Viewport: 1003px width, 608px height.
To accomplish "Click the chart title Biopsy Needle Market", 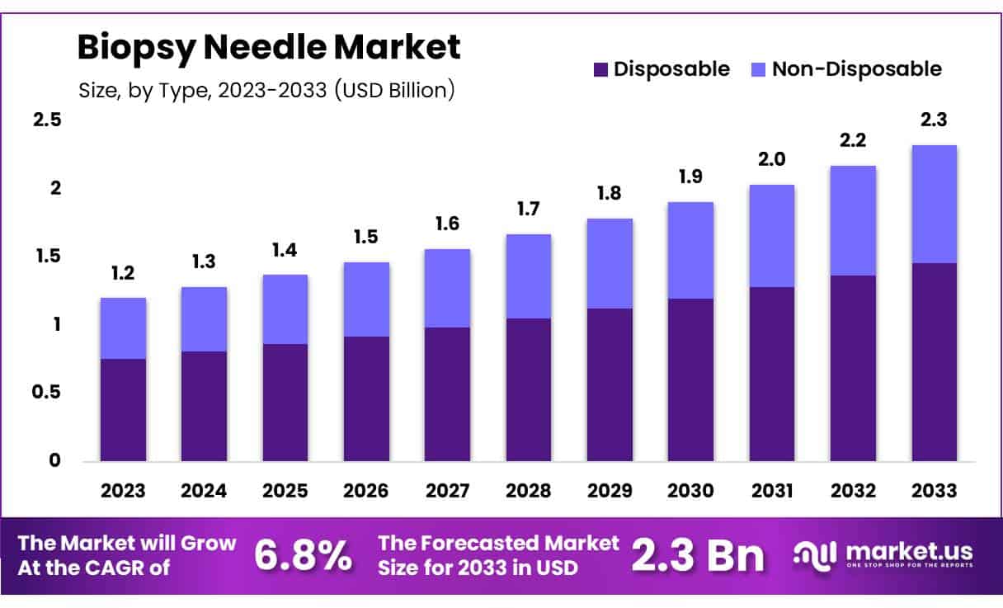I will [x=268, y=48].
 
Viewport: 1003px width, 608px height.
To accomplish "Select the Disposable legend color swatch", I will [x=600, y=69].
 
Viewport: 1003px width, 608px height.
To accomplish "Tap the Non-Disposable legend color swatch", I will [x=759, y=69].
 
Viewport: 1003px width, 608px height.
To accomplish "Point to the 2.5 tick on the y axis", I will [x=47, y=120].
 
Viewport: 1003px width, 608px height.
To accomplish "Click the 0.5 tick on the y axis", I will [x=47, y=393].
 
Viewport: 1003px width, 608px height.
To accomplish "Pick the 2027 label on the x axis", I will [x=447, y=491].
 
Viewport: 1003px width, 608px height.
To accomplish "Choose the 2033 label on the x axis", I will [x=935, y=491].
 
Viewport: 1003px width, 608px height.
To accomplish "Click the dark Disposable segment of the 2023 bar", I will [x=123, y=410].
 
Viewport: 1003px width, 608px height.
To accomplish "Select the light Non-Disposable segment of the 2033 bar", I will [x=935, y=204].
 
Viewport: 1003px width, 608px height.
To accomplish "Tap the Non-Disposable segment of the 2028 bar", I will [x=529, y=276].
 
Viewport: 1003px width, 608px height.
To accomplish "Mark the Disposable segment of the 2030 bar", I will [x=691, y=379].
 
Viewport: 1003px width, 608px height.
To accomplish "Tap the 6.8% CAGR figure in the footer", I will [x=302, y=556].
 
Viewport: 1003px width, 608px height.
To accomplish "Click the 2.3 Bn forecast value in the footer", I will [x=698, y=556].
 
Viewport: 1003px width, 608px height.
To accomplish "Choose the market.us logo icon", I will [x=815, y=555].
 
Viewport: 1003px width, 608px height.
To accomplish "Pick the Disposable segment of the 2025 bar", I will [x=285, y=403].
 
